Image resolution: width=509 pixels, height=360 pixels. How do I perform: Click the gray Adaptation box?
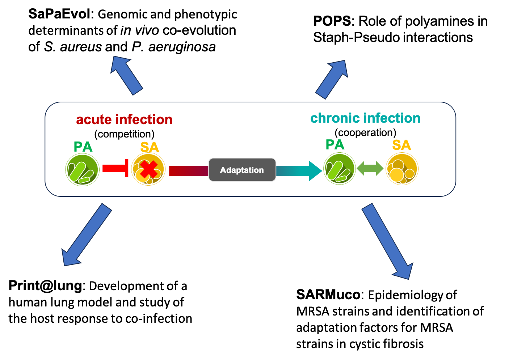point(242,170)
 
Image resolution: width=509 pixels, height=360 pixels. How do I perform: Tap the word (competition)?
point(124,134)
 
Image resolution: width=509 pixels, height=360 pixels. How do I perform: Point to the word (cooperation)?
point(365,132)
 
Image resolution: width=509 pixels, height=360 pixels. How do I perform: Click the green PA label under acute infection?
point(83,147)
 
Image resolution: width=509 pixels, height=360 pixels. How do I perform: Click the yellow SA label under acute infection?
point(150,147)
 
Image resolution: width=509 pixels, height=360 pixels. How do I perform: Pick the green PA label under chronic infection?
point(335,145)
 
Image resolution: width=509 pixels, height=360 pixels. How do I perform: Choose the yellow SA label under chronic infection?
point(401,145)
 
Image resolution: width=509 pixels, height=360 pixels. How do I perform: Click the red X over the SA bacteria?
point(149,170)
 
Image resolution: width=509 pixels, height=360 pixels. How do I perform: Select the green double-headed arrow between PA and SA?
point(370,168)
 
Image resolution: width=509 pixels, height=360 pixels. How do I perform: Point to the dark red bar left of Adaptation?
point(188,170)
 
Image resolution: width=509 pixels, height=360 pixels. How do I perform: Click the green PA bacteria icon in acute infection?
point(83,170)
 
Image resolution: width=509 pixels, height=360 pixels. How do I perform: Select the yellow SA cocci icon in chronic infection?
point(402,169)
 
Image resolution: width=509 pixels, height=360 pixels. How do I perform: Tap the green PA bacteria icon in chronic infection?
point(339,169)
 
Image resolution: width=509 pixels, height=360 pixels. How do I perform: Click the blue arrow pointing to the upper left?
point(126,75)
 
